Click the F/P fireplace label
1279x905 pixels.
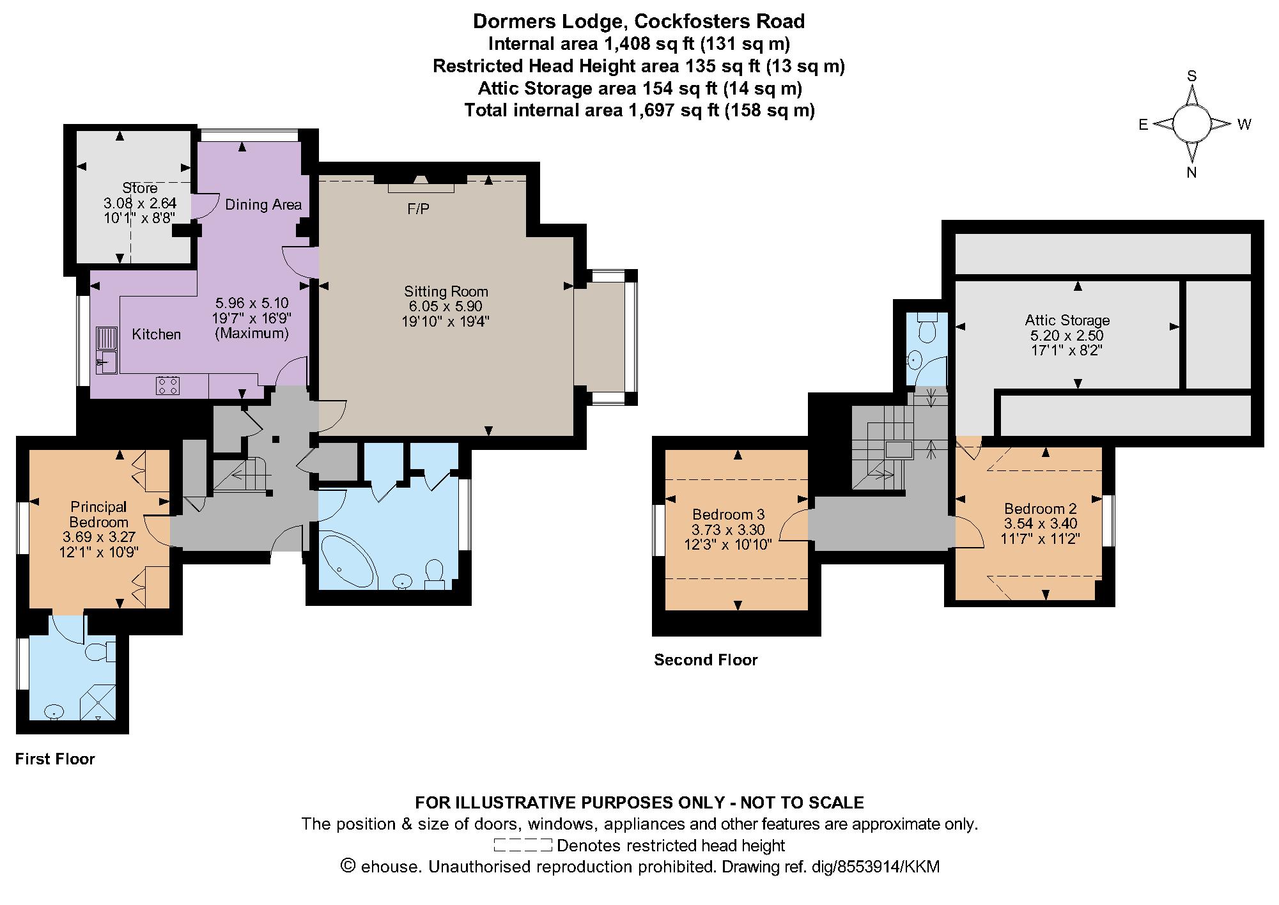[419, 209]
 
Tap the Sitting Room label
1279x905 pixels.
[446, 291]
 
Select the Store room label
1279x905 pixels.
[140, 188]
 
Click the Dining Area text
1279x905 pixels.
[263, 205]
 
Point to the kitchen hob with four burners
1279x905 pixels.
[168, 385]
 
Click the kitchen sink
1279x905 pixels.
[107, 350]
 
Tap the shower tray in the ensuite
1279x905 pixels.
[98, 702]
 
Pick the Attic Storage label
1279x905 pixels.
[1067, 320]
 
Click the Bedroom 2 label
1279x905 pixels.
[1041, 509]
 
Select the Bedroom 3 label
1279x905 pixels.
[729, 514]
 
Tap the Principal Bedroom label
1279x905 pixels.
[99, 514]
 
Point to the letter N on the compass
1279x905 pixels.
[1191, 172]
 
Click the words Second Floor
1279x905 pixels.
[706, 660]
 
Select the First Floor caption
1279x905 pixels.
[55, 759]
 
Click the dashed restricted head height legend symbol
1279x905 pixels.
[523, 845]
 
